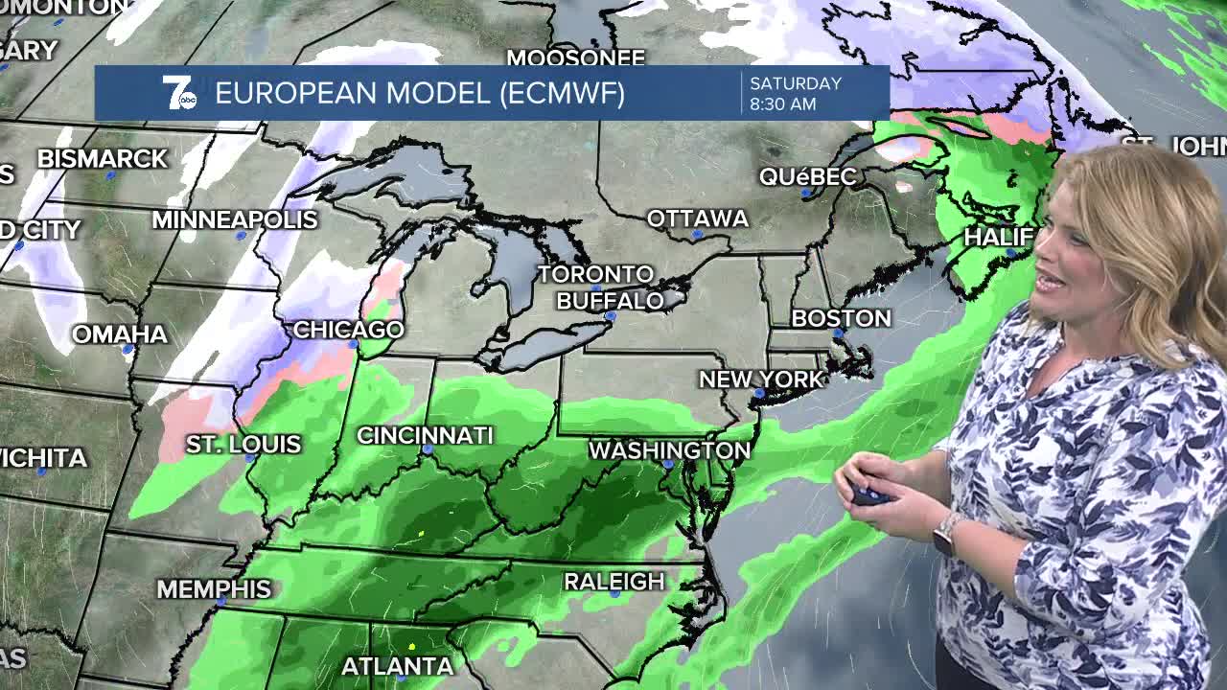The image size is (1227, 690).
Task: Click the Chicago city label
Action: click(x=348, y=330)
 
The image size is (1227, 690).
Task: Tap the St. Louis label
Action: click(x=243, y=445)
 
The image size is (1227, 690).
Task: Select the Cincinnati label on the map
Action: click(x=425, y=435)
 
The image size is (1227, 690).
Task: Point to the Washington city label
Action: click(x=669, y=450)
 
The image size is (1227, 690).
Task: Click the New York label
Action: click(x=761, y=379)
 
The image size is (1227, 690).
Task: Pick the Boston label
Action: click(x=841, y=318)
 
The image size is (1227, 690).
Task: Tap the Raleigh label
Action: click(x=613, y=582)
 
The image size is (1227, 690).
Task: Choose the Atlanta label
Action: click(x=397, y=665)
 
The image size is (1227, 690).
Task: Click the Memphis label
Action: click(x=214, y=588)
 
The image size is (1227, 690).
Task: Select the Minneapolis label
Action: click(x=235, y=219)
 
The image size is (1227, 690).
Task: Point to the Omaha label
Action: click(x=120, y=334)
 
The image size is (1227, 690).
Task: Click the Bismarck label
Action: click(x=103, y=159)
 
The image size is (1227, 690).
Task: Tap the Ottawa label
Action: click(x=697, y=218)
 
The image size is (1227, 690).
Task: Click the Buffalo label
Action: click(x=610, y=301)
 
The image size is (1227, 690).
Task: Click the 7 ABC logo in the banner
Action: click(x=178, y=93)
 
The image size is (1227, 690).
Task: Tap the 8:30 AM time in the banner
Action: click(x=783, y=103)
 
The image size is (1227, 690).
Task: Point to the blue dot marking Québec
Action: click(x=807, y=193)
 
